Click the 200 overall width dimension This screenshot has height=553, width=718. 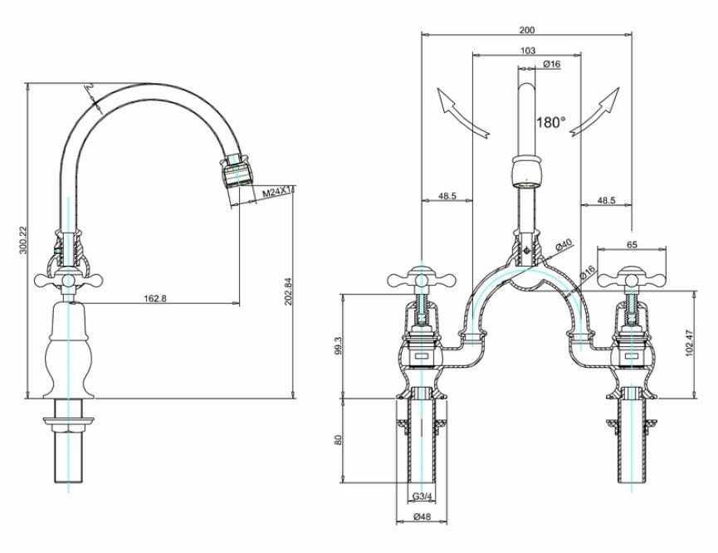pos(526,30)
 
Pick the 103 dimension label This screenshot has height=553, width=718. pos(526,51)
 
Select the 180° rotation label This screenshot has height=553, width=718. pos(550,122)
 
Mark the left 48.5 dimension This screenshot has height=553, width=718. pos(447,198)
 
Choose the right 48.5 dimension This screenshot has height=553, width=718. pos(606,200)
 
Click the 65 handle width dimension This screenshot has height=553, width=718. pos(632,245)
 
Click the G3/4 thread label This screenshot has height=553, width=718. pos(422,497)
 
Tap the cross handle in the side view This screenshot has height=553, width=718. pos(66,281)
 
